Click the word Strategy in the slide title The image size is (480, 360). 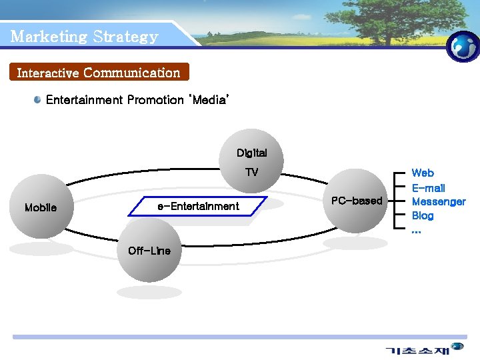(125, 37)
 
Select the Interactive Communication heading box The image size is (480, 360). (99, 72)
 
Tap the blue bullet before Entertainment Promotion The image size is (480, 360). (38, 100)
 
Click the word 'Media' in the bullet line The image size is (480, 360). (209, 100)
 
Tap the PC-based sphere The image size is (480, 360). (357, 201)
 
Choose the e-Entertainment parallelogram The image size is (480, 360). (199, 207)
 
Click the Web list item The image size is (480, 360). (423, 173)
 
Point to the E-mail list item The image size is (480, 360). (428, 188)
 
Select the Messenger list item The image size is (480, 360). (438, 201)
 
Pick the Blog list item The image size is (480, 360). (423, 215)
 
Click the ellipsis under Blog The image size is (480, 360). (416, 230)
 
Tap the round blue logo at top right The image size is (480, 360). (463, 47)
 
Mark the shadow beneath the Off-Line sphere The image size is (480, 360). (149, 292)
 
